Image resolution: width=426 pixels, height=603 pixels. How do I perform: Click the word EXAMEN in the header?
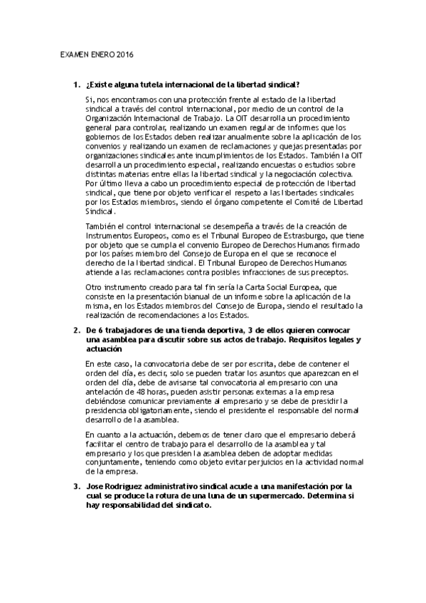(70, 54)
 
